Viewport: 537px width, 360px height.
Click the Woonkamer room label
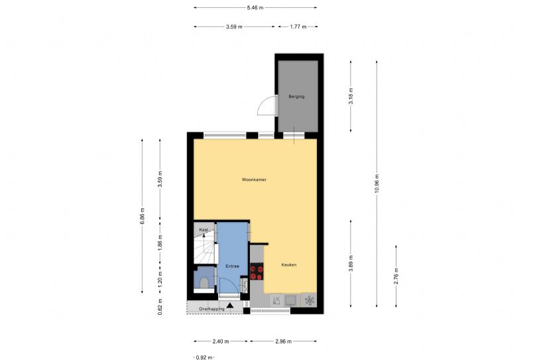point(254,180)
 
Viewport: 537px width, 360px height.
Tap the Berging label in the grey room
point(296,97)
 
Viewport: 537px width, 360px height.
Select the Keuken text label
point(288,265)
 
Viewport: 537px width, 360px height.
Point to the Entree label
point(232,266)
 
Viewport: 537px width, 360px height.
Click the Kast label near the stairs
point(204,230)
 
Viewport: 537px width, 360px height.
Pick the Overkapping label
point(211,309)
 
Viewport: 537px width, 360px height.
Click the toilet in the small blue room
point(204,282)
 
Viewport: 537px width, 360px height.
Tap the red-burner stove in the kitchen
point(257,272)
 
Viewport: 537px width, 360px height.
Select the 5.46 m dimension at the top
point(255,7)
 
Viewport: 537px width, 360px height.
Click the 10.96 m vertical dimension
point(377,184)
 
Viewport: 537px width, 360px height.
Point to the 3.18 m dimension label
point(351,96)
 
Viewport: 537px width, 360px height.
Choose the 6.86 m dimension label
point(143,216)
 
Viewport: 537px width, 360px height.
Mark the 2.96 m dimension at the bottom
point(284,341)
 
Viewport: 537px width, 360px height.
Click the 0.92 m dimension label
point(204,357)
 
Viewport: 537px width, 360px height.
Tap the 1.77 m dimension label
point(298,27)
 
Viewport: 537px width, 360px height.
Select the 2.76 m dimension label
point(396,276)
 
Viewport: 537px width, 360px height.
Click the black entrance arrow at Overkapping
point(230,305)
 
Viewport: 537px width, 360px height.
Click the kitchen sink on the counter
point(291,300)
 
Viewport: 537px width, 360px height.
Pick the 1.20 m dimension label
point(160,279)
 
